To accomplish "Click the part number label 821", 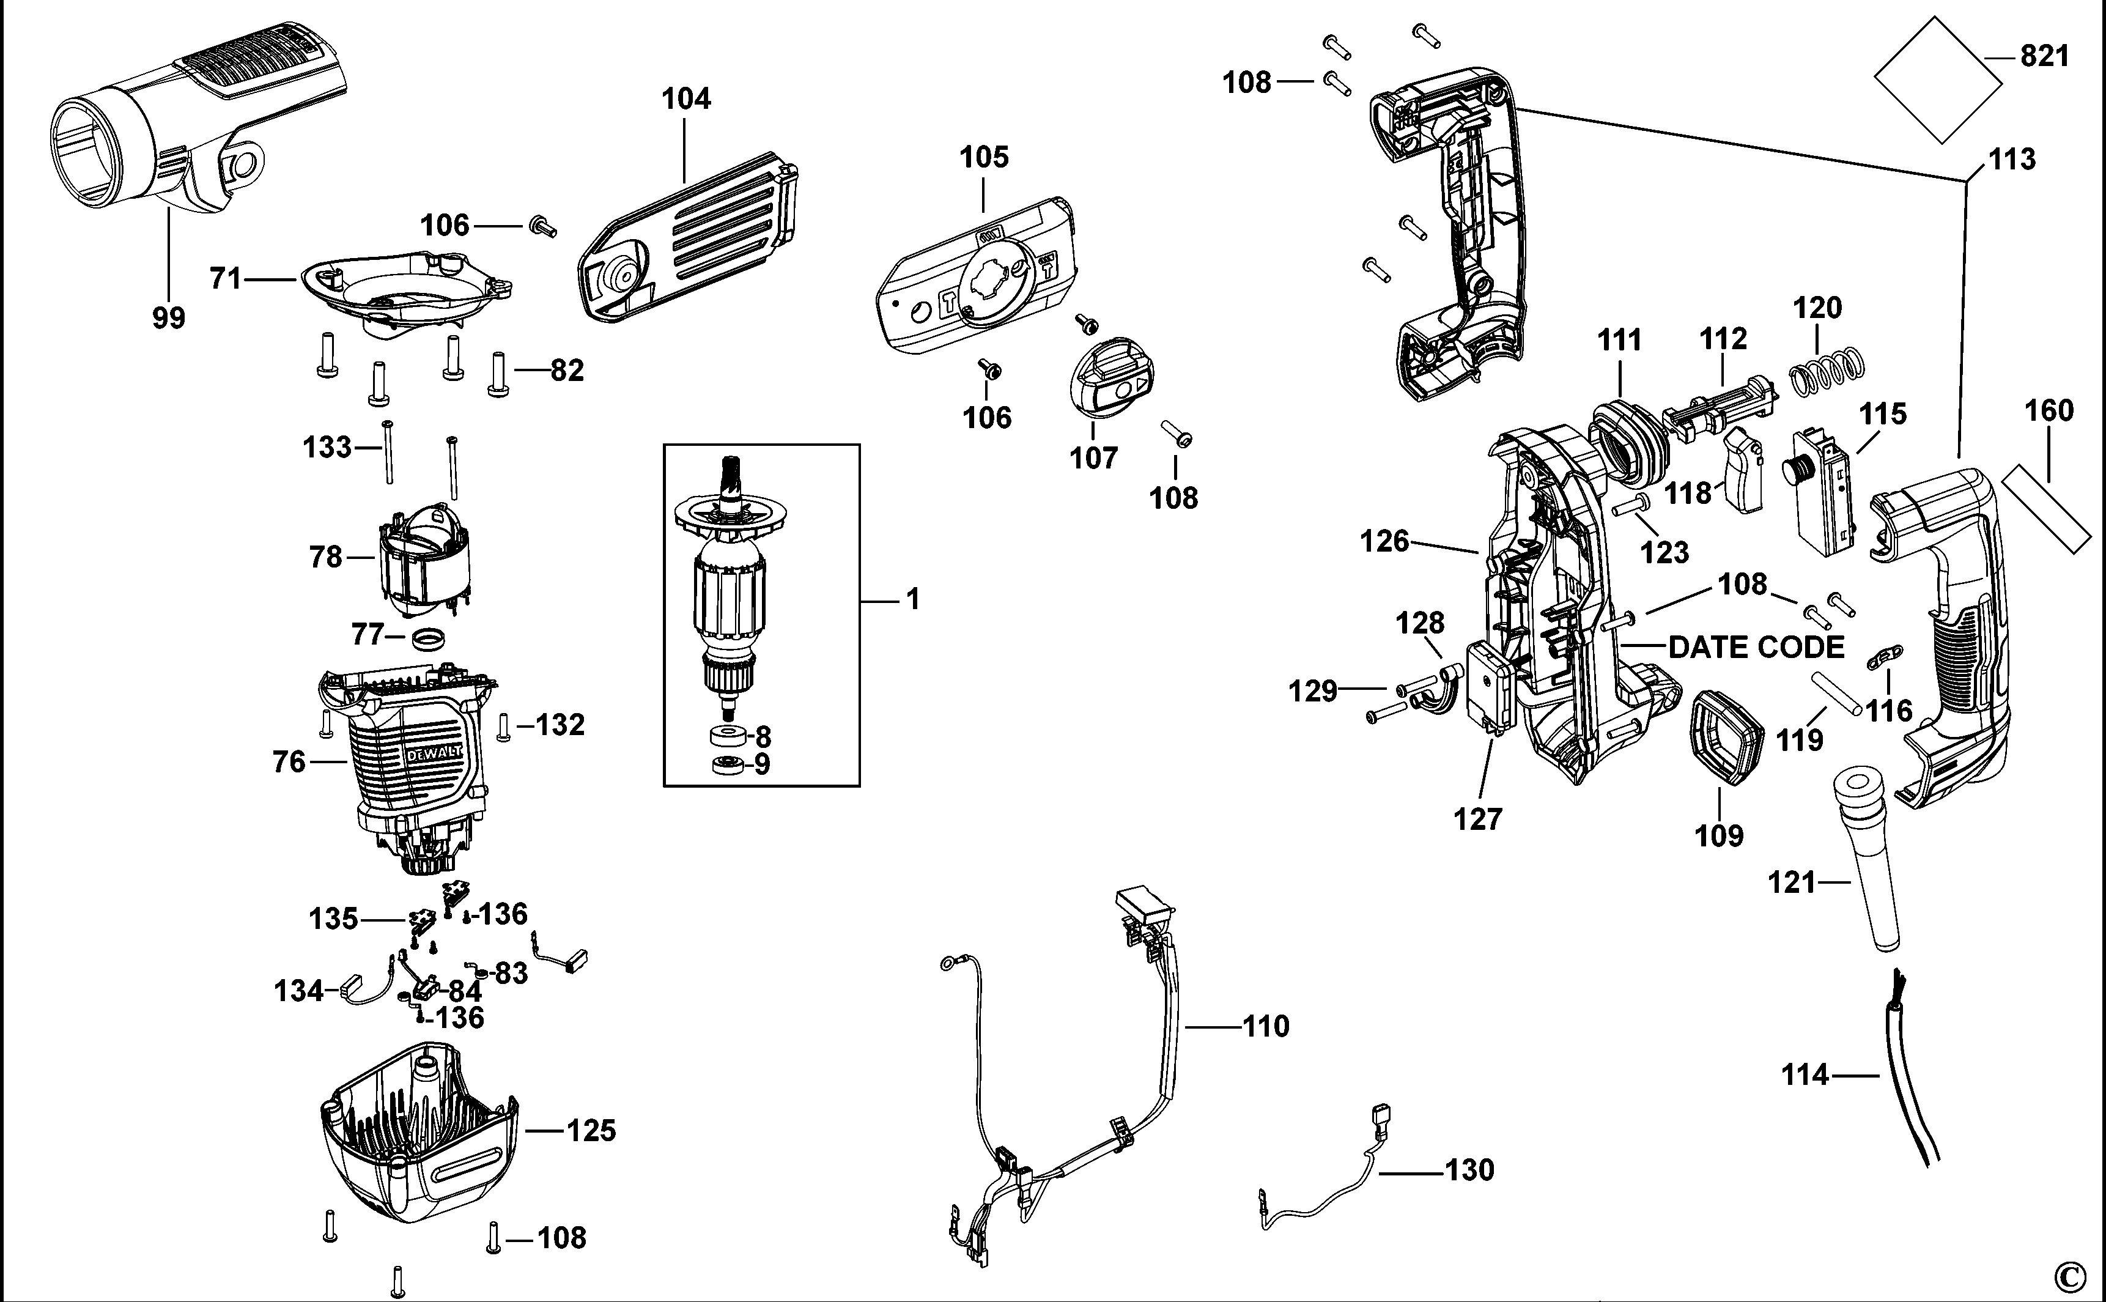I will [2044, 57].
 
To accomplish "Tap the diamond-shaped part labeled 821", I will [1937, 80].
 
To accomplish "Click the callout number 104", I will [686, 99].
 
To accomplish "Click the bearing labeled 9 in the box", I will [730, 764].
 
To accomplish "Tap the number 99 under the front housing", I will [169, 319].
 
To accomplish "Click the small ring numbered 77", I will [427, 642].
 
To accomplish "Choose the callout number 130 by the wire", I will [1469, 1171].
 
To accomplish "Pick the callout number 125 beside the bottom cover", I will [591, 1131].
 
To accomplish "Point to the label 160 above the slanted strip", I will [2049, 411].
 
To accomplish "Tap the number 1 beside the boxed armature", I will [914, 599].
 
